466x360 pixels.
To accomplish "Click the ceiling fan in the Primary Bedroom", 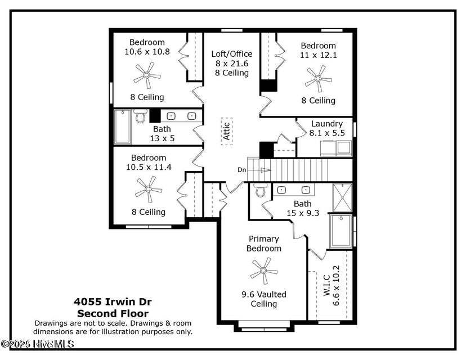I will click(x=263, y=271).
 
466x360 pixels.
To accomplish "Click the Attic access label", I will click(x=226, y=131).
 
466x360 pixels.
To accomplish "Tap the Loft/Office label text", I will click(x=231, y=54).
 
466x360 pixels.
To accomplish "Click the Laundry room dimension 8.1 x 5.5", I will click(x=327, y=133).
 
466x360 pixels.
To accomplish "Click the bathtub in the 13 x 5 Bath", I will click(x=122, y=127).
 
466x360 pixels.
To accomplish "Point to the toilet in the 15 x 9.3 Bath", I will click(x=261, y=191).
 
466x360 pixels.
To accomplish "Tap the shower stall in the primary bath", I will click(x=342, y=197).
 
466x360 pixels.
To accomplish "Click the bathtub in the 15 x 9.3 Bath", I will click(x=341, y=231).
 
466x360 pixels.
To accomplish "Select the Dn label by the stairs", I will click(x=241, y=169).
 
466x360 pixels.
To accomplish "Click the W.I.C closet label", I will click(x=326, y=286).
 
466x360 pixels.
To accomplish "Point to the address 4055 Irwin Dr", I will click(x=113, y=302).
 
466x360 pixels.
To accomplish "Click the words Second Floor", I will click(x=113, y=313).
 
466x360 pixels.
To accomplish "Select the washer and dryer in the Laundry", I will click(x=335, y=148).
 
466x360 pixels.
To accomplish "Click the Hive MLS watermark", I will click(x=38, y=343).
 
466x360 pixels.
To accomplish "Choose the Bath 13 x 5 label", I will click(x=162, y=133).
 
